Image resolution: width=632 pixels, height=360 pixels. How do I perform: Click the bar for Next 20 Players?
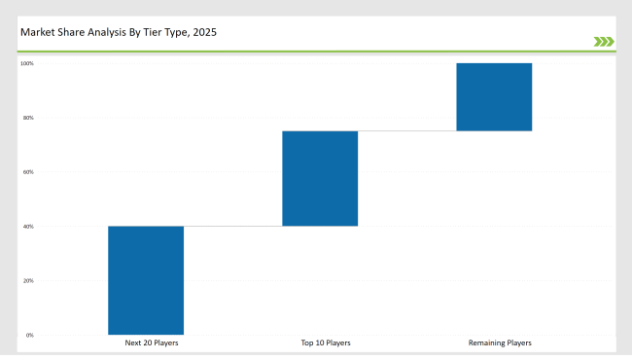146,280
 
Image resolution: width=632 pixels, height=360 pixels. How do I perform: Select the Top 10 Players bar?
320,179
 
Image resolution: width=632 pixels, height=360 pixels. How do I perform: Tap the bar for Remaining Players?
494,97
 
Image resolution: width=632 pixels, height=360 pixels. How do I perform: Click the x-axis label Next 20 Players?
152,343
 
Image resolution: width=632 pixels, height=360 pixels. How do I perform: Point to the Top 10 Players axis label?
326,343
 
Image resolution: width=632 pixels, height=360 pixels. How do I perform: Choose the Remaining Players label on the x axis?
500,343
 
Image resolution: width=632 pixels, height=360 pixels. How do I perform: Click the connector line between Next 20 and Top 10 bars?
233,227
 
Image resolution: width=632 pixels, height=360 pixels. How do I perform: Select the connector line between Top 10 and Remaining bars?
406,131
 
